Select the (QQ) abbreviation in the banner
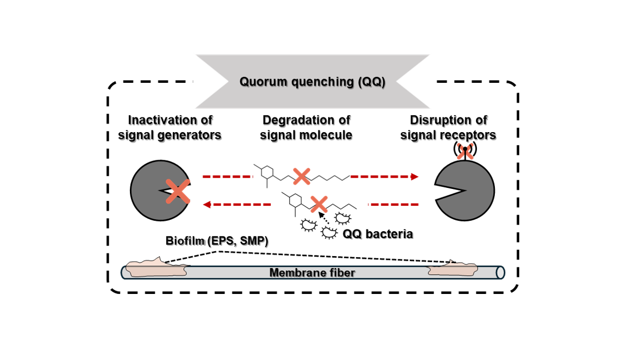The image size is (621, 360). [371, 82]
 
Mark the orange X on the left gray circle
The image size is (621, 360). [178, 191]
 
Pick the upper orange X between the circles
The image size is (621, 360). [302, 176]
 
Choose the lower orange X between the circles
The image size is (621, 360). [319, 204]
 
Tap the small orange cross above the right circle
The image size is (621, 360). [465, 152]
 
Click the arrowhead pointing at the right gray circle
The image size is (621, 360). [415, 176]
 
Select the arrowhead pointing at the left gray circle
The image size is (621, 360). [206, 205]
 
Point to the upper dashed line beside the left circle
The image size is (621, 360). [227, 176]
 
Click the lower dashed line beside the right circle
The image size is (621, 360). [394, 205]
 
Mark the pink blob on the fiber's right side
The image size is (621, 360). [453, 269]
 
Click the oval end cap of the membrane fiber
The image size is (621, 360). [500, 272]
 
